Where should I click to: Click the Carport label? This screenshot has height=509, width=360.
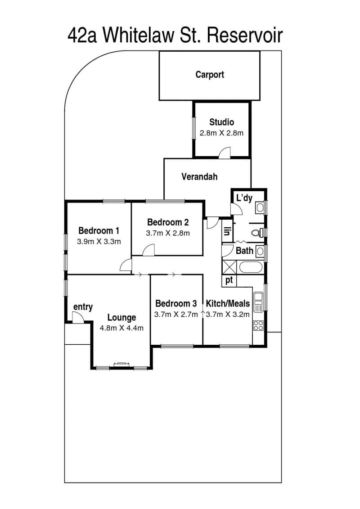click(x=210, y=75)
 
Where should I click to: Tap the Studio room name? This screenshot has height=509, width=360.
click(x=222, y=122)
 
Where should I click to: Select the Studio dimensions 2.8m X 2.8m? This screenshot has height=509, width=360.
click(x=221, y=133)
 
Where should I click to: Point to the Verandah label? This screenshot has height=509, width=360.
click(x=199, y=176)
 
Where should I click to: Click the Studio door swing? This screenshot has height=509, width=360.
click(x=224, y=153)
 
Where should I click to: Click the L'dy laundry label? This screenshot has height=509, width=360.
click(x=244, y=198)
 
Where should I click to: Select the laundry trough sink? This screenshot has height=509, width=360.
click(x=260, y=207)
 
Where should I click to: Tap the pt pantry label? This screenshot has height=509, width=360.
click(x=229, y=280)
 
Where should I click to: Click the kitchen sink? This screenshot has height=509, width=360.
click(x=258, y=302)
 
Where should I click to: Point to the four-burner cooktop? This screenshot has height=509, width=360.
click(x=258, y=325)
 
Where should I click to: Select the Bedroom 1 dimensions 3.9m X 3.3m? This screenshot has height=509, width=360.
click(x=99, y=242)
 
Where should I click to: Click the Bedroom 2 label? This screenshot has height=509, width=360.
click(x=168, y=222)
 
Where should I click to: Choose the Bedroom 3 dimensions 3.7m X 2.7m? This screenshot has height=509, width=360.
click(x=176, y=314)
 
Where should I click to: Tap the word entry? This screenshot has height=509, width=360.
click(x=83, y=307)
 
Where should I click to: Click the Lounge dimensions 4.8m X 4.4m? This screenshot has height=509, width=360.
click(x=121, y=328)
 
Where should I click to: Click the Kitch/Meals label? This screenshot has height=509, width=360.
click(x=228, y=303)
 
